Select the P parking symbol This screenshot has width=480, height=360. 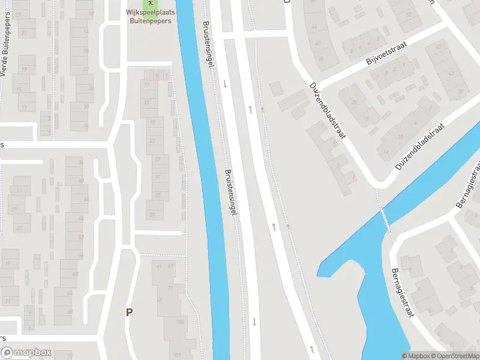pos(128,312)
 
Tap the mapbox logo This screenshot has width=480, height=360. pos(26,353)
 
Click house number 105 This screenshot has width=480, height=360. pos(179,322)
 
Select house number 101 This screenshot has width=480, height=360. pos(176,355)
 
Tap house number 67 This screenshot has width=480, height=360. pos(170,266)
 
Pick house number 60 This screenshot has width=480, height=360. pos(76,274)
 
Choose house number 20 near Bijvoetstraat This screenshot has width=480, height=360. pos(355,103)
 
